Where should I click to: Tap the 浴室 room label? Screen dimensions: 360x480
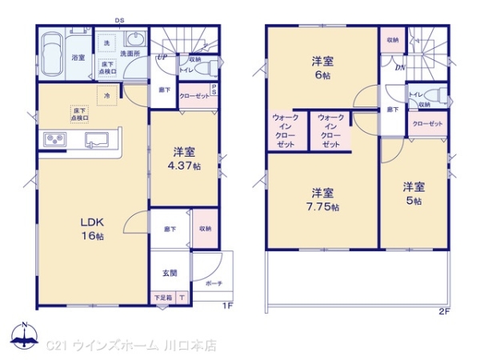pos(78,58)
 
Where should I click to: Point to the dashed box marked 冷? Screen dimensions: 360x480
pos(106,96)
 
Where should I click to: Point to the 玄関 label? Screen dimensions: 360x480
pos(170,273)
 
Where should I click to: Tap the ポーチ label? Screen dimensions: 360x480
pos(214,283)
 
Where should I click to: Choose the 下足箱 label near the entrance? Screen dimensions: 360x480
pos(162,298)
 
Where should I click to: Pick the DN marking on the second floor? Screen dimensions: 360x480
pos(399,66)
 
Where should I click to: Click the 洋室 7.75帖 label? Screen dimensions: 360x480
pos(323,199)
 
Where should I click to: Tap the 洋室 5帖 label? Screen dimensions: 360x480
pos(414,193)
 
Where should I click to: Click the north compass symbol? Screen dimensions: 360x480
pos(24,336)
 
